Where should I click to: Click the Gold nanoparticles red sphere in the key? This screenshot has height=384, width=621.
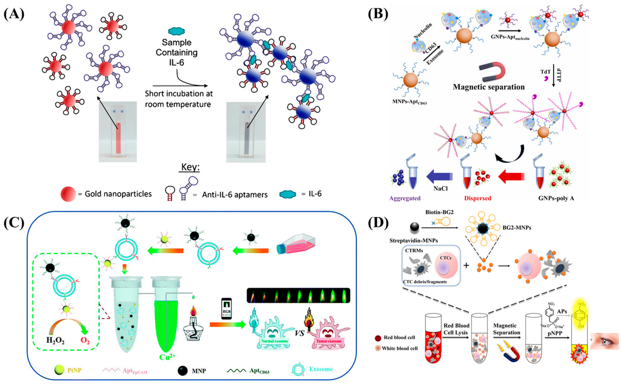68,194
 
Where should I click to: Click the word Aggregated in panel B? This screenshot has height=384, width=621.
405,198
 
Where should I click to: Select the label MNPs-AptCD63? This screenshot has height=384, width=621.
410,103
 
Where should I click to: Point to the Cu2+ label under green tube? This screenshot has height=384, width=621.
167,357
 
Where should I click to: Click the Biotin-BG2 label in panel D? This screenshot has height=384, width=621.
439,212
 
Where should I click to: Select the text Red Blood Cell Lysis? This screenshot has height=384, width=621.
456,329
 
